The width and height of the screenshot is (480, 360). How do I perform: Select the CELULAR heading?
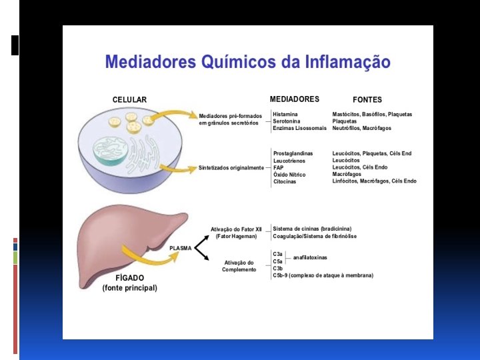(129, 100)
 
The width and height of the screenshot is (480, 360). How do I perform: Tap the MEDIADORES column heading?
(294, 99)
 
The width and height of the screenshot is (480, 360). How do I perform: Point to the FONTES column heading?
(367, 100)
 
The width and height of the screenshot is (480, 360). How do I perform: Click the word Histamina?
(285, 115)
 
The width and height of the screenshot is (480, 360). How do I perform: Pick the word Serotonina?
(287, 121)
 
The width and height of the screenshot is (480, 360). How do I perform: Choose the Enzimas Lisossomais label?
(300, 128)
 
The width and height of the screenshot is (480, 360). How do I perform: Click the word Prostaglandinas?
(293, 153)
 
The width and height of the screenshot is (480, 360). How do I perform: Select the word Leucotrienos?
(289, 161)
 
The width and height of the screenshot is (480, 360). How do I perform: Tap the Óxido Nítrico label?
(289, 175)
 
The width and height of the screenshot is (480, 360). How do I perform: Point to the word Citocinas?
(285, 181)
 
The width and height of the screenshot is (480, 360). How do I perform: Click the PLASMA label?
(181, 248)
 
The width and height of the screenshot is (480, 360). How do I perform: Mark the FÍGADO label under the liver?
(129, 278)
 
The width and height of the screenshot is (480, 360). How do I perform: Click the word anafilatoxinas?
(310, 257)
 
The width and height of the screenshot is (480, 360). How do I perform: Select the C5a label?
(278, 261)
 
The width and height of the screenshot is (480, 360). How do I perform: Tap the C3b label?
(278, 268)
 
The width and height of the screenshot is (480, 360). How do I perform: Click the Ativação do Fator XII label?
(236, 229)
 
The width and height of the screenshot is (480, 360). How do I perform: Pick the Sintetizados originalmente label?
(231, 168)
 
